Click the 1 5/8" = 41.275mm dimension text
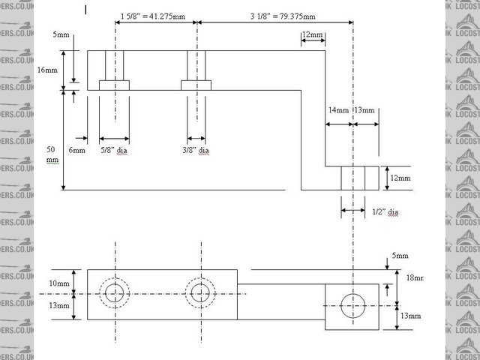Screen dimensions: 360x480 [154, 15]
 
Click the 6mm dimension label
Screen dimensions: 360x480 [77, 150]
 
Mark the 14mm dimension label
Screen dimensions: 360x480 [338, 110]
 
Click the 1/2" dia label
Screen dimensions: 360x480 [384, 212]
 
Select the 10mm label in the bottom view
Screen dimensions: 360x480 [60, 283]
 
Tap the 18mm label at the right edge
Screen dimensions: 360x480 [414, 277]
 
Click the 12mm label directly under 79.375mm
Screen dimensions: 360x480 [312, 35]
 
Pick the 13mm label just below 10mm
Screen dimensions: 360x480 [60, 305]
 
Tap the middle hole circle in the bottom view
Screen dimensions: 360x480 [199, 293]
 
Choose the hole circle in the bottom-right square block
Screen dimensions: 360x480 [352, 305]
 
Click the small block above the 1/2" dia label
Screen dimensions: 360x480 [361, 178]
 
